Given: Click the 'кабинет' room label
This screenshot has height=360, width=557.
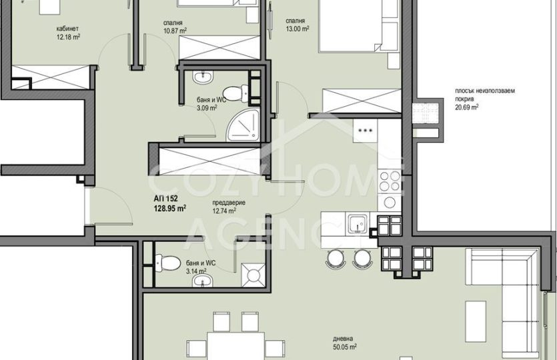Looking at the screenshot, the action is (67, 29).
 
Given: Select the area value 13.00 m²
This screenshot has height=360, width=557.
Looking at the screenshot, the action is (298, 29).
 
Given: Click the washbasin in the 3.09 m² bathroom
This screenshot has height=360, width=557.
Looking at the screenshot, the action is (203, 76).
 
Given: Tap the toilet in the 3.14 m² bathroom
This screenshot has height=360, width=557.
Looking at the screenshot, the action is (168, 263).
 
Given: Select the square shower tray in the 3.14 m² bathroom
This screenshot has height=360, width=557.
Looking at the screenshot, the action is (253, 275).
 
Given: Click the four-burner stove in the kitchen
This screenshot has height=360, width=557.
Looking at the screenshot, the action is (390, 181).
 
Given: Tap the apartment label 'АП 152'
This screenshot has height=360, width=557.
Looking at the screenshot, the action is (165, 199).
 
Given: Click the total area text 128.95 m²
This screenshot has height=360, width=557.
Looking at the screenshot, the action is (170, 209).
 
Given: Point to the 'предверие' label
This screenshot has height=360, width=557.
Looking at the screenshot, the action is (229, 203).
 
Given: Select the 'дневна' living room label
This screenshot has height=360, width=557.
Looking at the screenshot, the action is (343, 339).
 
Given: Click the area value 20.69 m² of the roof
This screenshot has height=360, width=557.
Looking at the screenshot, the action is (467, 107).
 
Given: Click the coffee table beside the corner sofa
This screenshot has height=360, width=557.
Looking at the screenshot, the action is (476, 319).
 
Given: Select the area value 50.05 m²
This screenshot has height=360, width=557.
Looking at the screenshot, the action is (345, 347).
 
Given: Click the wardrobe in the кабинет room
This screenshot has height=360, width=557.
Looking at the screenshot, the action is (51, 77).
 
